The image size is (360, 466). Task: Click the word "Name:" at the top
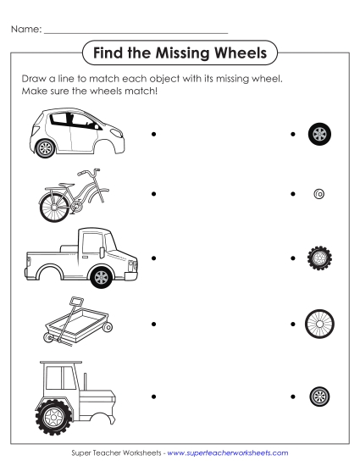pos(25,30)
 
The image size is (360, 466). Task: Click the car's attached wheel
pos(46,147)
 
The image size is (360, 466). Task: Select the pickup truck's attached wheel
pos(102,276)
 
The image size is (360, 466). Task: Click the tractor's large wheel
pos(55,415)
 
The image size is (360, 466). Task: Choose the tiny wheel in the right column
pos(319,194)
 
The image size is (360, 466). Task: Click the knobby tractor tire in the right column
pos(319,258)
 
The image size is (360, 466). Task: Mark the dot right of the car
pos(153,134)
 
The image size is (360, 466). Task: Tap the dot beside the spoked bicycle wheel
pos(292,324)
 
